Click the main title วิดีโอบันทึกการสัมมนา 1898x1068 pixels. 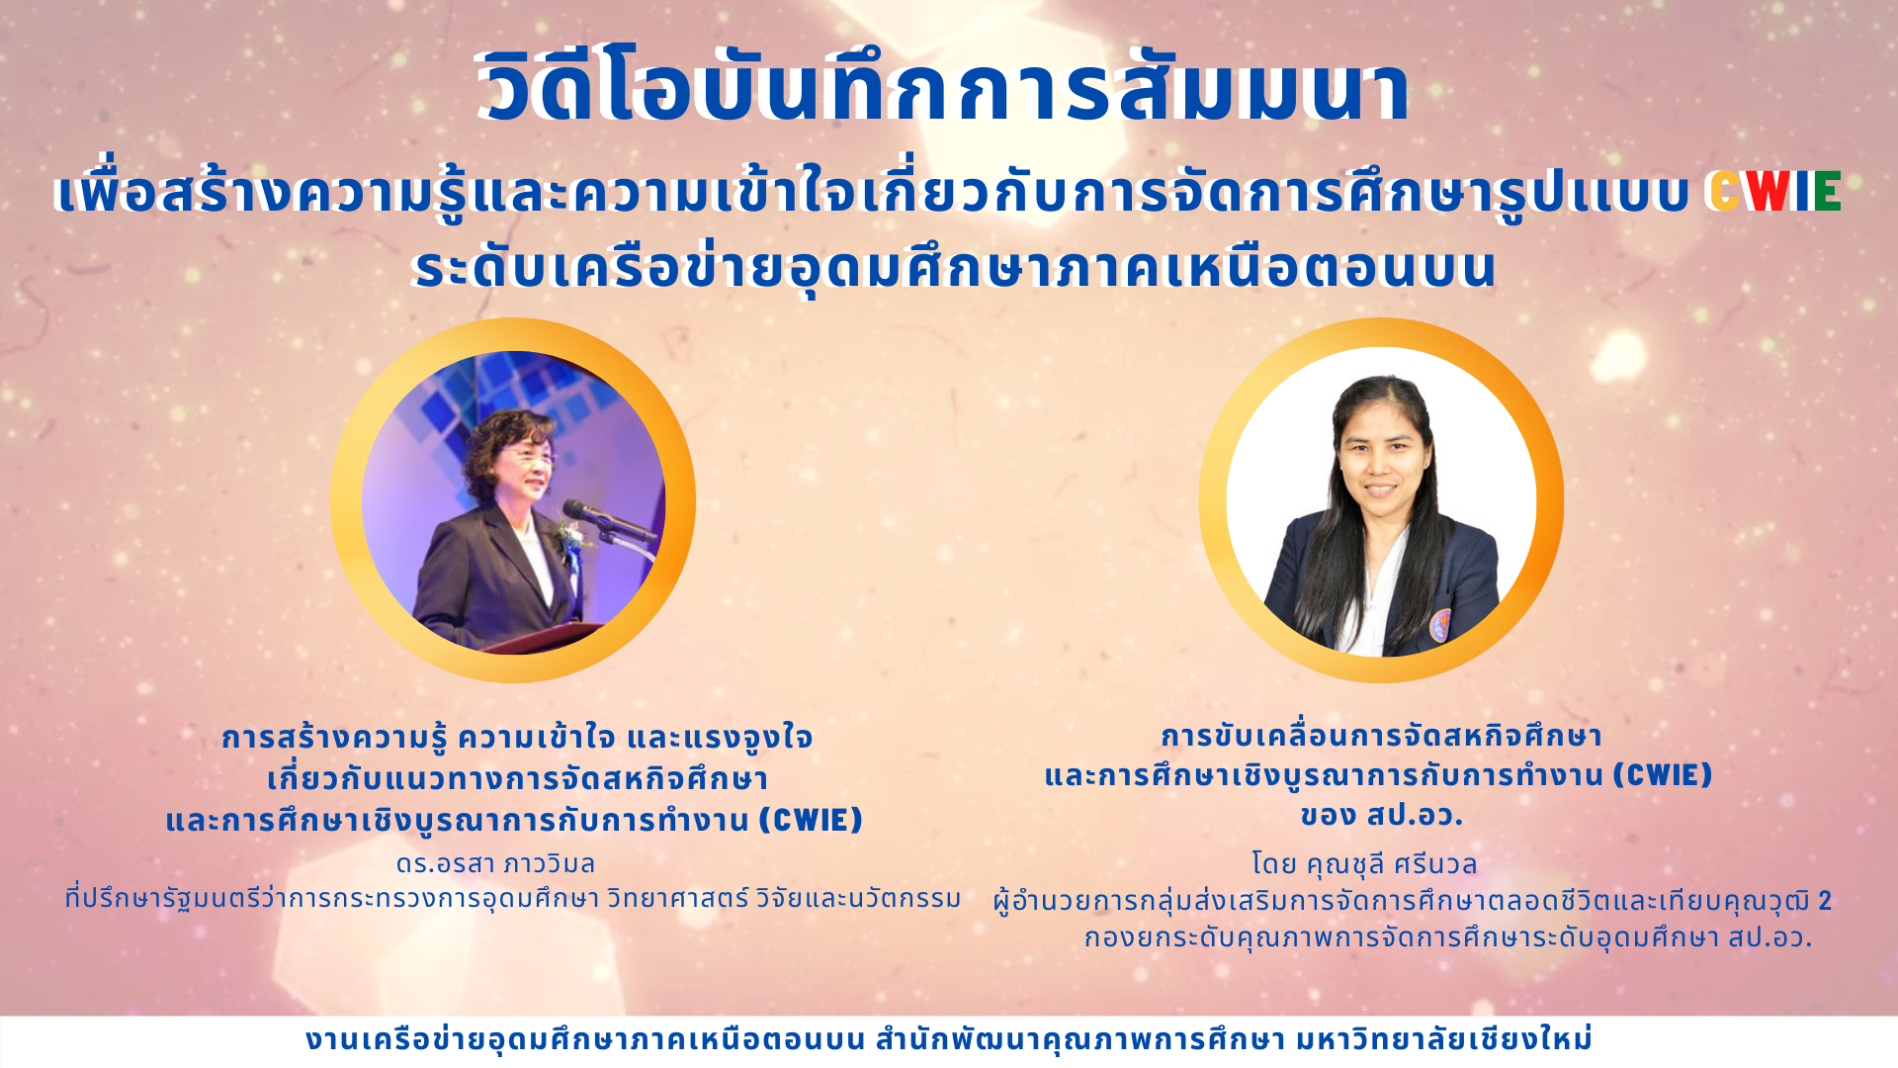[944, 87]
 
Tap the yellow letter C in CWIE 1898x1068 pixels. [1725, 192]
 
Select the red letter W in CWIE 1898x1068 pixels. [1768, 192]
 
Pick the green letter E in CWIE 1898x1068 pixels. [1828, 192]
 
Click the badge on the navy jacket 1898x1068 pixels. [1441, 625]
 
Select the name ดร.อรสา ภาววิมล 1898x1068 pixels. [495, 863]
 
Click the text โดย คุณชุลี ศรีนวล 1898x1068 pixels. [1364, 864]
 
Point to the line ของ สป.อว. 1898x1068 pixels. [1381, 816]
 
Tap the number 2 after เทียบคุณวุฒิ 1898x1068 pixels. [1825, 901]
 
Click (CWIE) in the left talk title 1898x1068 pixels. [812, 820]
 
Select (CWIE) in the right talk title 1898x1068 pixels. [1663, 774]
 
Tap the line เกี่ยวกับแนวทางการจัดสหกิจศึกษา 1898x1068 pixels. [517, 778]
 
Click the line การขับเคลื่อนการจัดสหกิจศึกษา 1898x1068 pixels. [1381, 736]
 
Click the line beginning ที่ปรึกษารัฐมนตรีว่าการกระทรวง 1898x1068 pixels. [513, 898]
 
